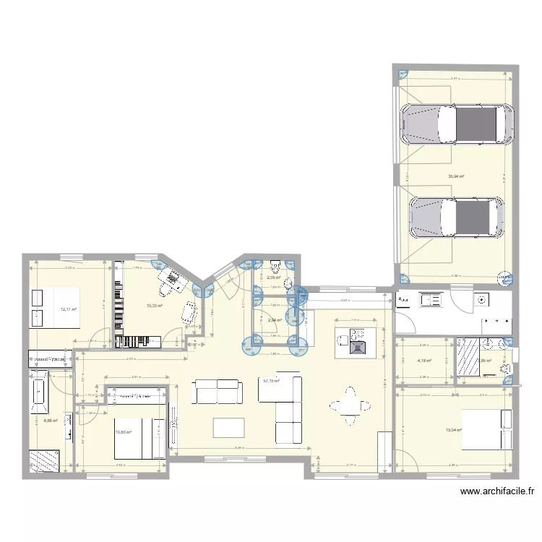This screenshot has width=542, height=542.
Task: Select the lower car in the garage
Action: tap(457, 217)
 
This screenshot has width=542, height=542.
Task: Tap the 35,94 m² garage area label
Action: tap(456, 176)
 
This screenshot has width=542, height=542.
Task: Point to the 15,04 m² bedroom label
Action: tap(454, 430)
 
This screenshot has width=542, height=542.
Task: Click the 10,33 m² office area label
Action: tap(154, 306)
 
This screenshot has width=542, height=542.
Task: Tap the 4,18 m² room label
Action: tap(424, 361)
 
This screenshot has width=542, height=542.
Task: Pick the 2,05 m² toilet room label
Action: tap(273, 278)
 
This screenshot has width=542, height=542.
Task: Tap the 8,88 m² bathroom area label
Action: tap(50, 421)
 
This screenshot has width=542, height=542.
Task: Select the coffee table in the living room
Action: tap(228, 428)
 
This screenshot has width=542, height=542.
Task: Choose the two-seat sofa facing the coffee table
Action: tap(216, 391)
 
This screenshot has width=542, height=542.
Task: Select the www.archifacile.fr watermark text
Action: tap(497, 492)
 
